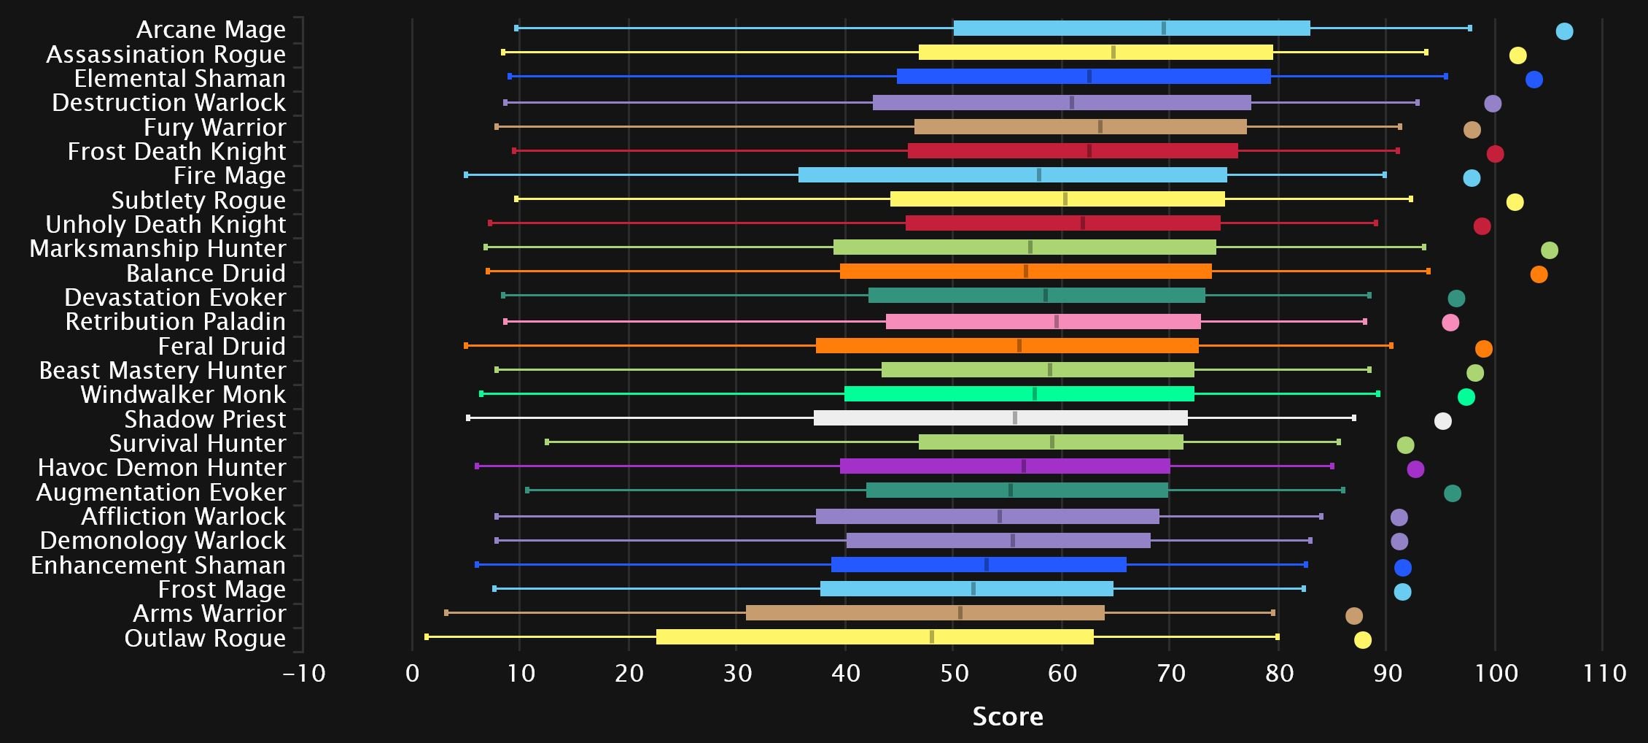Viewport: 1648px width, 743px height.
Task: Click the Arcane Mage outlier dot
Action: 1564,31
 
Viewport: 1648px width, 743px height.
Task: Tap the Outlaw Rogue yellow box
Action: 874,637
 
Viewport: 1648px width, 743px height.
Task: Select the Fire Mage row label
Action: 229,176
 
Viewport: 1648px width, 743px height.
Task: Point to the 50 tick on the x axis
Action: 954,673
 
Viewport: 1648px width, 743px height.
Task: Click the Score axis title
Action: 1008,717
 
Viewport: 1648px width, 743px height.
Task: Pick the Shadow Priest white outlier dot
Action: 1442,421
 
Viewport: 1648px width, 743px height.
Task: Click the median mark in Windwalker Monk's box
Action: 1035,394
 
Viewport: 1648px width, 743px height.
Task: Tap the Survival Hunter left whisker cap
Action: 547,442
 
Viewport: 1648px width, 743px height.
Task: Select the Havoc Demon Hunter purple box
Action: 1005,466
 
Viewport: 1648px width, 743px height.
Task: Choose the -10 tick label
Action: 304,673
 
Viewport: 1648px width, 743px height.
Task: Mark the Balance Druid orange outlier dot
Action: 1539,274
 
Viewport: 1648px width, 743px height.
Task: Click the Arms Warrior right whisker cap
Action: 1273,613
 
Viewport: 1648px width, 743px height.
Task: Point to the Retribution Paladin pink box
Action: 1043,322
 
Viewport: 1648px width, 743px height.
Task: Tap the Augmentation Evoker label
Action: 161,493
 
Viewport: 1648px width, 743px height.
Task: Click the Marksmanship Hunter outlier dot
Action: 1550,250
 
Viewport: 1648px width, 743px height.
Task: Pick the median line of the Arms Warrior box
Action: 960,613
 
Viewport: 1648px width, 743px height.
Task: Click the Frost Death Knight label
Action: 176,152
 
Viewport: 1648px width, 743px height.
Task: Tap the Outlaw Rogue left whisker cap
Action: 427,637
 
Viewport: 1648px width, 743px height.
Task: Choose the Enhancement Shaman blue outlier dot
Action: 1402,568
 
